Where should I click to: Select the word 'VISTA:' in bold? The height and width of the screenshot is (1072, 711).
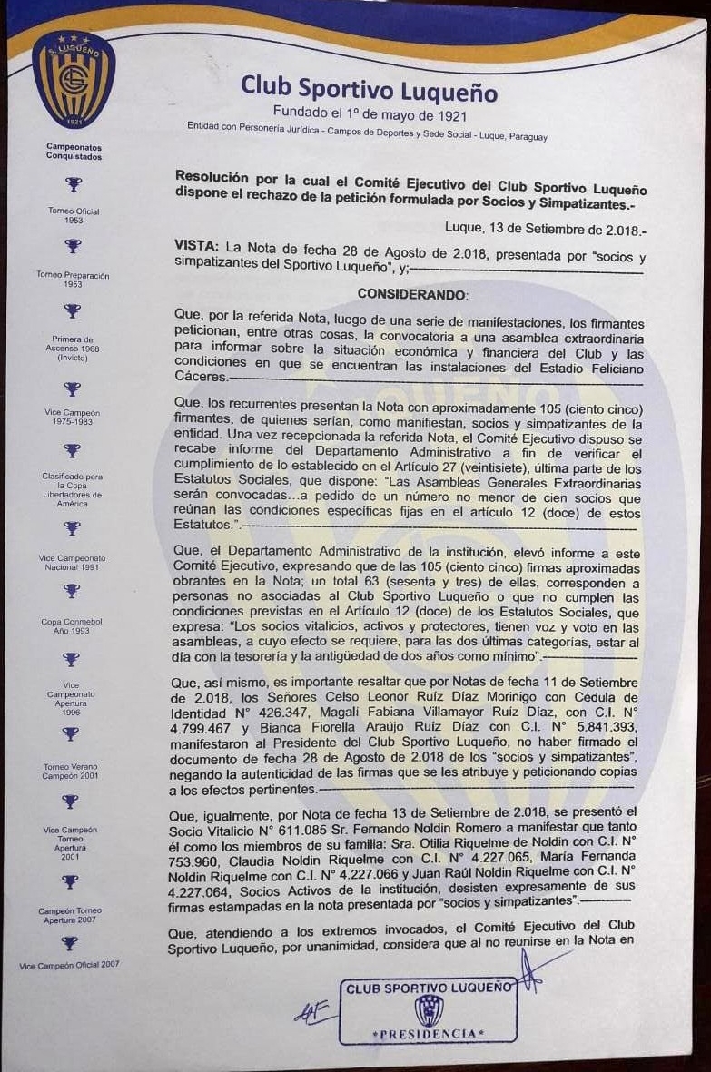pyautogui.click(x=196, y=247)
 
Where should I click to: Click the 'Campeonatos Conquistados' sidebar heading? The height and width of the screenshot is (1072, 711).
pyautogui.click(x=74, y=152)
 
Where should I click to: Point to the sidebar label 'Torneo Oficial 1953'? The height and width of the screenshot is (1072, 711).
pyautogui.click(x=74, y=216)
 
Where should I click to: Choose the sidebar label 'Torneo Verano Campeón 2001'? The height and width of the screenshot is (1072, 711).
pyautogui.click(x=73, y=772)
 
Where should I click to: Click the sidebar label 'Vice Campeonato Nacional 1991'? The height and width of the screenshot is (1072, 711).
pyautogui.click(x=73, y=561)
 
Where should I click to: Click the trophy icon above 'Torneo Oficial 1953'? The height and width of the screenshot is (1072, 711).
pyautogui.click(x=73, y=184)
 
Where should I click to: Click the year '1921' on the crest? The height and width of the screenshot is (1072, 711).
pyautogui.click(x=74, y=121)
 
